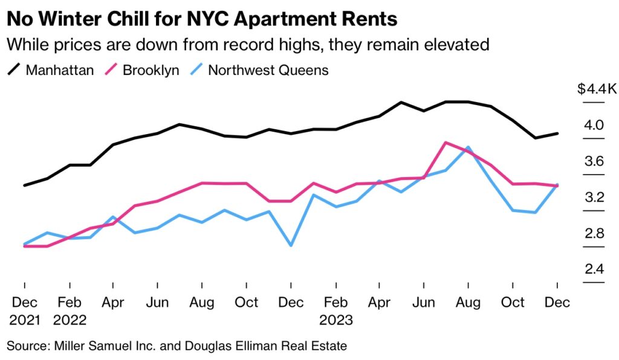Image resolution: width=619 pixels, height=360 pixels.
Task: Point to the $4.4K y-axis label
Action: point(597,89)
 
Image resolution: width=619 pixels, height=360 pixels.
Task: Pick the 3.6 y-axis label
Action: point(594,161)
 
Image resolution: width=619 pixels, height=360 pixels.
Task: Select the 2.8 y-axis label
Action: point(594,234)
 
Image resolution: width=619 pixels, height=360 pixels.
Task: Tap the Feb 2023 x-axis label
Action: point(336,310)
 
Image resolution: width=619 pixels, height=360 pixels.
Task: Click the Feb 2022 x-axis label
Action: point(70,310)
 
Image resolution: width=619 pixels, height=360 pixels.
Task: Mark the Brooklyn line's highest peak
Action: point(446,143)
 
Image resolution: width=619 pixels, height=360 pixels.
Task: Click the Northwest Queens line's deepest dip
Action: point(291,245)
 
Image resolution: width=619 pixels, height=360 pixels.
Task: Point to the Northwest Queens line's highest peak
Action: point(468,147)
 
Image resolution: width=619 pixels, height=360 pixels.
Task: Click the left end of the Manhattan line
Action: point(24,185)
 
